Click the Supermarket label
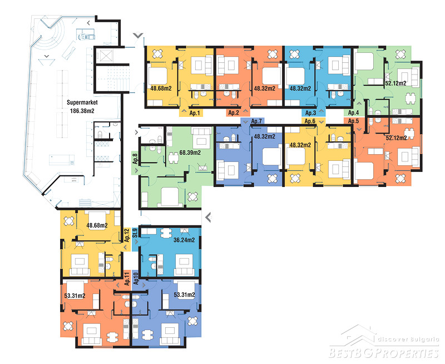click(x=82, y=102)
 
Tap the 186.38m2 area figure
click(x=82, y=111)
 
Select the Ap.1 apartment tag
click(x=194, y=113)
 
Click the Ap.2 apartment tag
click(x=234, y=113)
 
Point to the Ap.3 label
click(x=310, y=113)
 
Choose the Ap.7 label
click(x=256, y=121)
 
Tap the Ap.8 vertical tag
click(x=135, y=159)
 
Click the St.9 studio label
click(x=135, y=233)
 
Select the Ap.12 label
click(x=127, y=235)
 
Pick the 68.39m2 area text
click(x=190, y=153)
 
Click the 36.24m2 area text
click(x=184, y=240)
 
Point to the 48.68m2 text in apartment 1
click(x=161, y=88)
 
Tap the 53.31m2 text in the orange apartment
click(x=75, y=296)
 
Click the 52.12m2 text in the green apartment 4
click(x=395, y=83)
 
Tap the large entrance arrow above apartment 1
click(x=138, y=36)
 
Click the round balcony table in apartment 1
click(x=157, y=53)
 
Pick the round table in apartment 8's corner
click(x=192, y=196)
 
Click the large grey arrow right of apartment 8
click(x=208, y=217)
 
